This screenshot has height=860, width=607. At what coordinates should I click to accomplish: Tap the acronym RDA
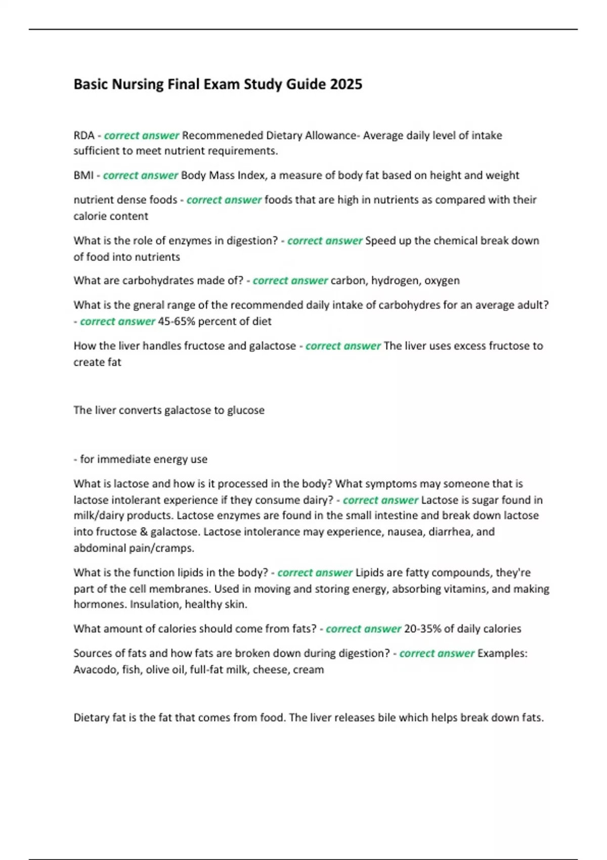click(84, 136)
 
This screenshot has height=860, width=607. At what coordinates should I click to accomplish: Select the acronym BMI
click(83, 176)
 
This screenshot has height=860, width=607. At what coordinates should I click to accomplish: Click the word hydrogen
click(394, 281)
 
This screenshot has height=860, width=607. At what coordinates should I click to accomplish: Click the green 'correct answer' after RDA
click(142, 136)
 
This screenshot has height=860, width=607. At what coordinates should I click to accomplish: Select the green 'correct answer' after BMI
click(141, 176)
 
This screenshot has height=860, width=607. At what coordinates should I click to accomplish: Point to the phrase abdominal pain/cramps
click(134, 548)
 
